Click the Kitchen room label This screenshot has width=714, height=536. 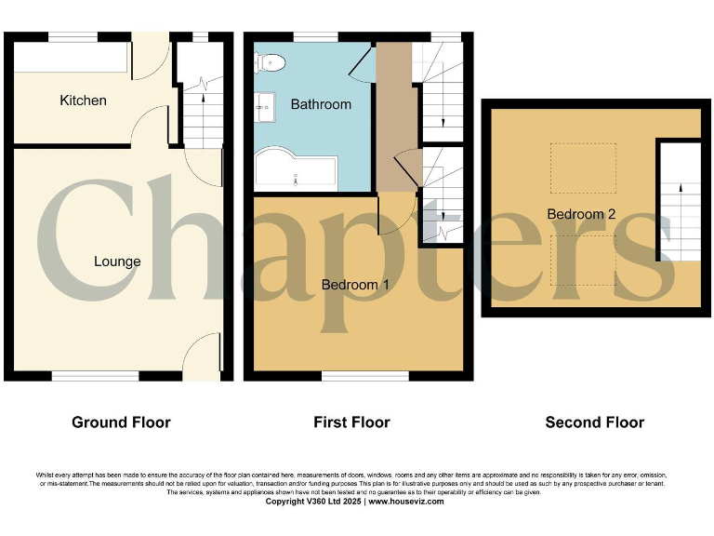(x=83, y=100)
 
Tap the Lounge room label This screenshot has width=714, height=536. (x=117, y=261)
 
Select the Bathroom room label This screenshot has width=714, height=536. (x=321, y=104)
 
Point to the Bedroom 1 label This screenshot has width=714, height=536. (x=355, y=285)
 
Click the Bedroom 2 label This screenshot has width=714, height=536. (x=581, y=214)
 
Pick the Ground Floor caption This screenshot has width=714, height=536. (x=121, y=422)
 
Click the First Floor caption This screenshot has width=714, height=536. (x=351, y=422)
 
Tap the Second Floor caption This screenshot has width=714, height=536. (x=594, y=422)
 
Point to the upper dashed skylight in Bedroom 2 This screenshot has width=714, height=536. (x=582, y=168)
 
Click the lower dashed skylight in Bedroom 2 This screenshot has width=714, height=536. (x=582, y=260)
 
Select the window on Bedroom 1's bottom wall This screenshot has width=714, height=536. (x=364, y=376)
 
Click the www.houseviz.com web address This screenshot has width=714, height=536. (x=405, y=502)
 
